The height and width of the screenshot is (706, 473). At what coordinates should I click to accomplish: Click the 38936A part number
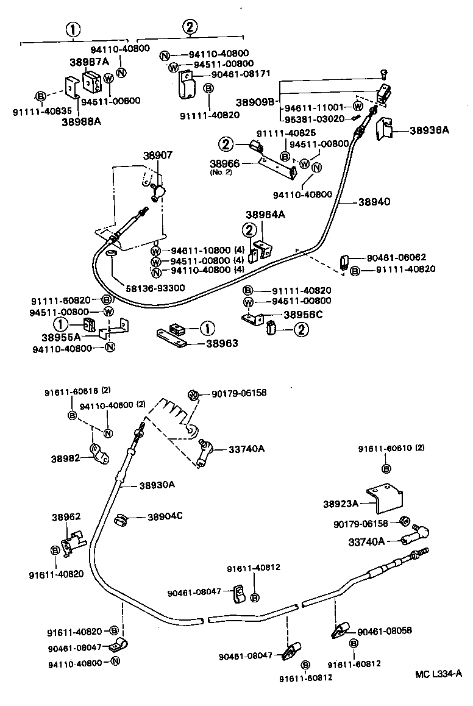[x=429, y=130]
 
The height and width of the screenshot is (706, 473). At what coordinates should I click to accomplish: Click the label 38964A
[x=265, y=215]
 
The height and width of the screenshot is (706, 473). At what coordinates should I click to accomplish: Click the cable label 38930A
[x=157, y=485]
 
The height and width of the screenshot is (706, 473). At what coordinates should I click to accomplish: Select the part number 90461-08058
[x=385, y=631]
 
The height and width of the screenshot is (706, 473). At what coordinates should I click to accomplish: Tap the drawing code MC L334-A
[x=438, y=674]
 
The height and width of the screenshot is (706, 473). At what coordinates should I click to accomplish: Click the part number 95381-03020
[x=315, y=118]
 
